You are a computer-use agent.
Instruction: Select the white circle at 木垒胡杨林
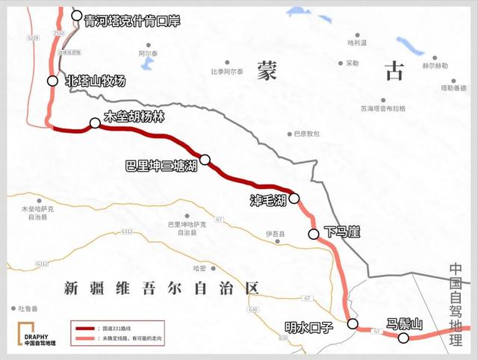[95, 123]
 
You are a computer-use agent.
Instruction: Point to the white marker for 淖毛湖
[294, 198]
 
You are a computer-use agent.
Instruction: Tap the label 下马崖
[343, 233]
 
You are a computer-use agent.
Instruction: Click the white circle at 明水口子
[353, 323]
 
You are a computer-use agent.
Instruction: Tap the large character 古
[392, 71]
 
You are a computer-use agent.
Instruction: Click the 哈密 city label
[199, 267]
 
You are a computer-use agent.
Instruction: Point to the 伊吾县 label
[276, 235]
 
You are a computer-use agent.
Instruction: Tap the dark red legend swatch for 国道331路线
[86, 328]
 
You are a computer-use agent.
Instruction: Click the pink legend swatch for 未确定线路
[86, 340]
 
